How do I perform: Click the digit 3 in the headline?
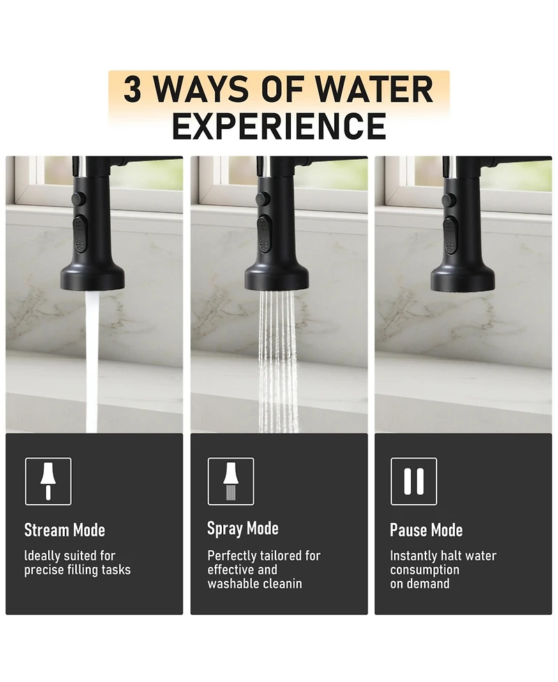(133, 89)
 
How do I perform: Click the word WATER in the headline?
(373, 89)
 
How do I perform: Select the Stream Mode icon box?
(48, 481)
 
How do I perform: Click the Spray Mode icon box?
(231, 481)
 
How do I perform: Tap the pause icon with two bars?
(414, 481)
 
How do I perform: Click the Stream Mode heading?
(65, 531)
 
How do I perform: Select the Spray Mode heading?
(243, 529)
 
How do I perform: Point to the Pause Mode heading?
(426, 531)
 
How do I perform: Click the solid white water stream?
(91, 361)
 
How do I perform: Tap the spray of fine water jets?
(278, 361)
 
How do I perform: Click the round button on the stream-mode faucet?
(78, 199)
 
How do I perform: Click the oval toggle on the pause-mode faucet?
(451, 235)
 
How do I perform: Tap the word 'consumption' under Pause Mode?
(425, 570)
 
